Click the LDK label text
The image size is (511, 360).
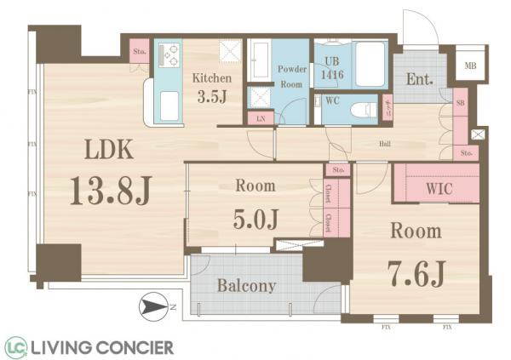(x=107, y=150)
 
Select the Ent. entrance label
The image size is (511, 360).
(x=420, y=82)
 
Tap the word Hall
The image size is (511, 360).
(x=385, y=145)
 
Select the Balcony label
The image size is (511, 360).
(x=246, y=286)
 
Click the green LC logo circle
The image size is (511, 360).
(x=14, y=346)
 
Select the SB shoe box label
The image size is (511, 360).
(x=460, y=103)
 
